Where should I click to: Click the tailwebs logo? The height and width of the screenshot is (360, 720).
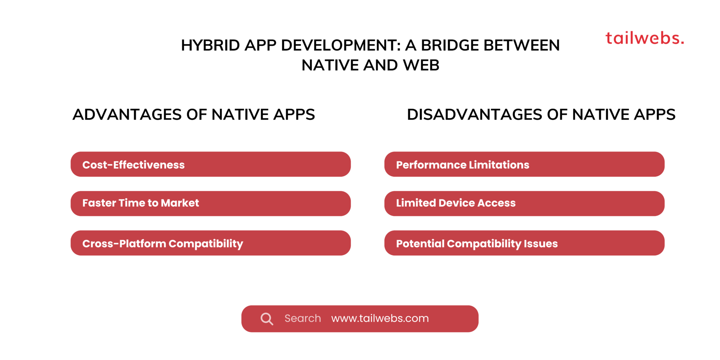(x=644, y=38)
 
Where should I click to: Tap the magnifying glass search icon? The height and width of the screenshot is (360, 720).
(x=267, y=319)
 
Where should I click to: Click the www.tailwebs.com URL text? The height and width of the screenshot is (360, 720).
(x=380, y=318)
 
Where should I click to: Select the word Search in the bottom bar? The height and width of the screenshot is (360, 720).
(x=303, y=318)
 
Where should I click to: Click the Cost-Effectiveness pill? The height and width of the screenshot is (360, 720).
(x=210, y=164)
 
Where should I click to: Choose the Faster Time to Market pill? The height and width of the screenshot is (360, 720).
(x=210, y=204)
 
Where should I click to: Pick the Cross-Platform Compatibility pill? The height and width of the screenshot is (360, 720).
(x=210, y=243)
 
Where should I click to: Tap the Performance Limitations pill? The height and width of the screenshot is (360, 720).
(x=524, y=164)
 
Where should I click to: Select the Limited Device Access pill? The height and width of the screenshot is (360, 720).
(x=524, y=204)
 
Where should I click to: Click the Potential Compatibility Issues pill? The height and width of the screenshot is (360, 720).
(x=524, y=243)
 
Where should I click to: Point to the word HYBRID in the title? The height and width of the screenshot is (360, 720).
(x=210, y=45)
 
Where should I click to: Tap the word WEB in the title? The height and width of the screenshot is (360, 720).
(x=421, y=65)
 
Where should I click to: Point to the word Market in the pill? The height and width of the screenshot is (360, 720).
(x=180, y=203)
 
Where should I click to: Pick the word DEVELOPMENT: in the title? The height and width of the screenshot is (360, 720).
(x=341, y=45)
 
